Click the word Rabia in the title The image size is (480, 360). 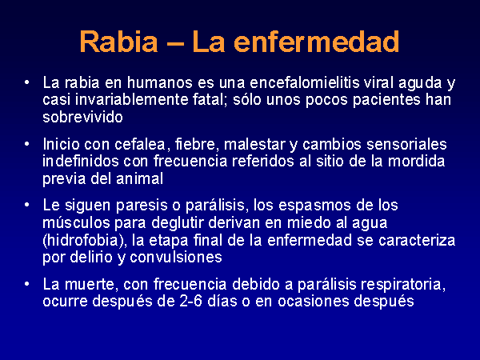pos(118,42)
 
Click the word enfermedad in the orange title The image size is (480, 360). pos(317,42)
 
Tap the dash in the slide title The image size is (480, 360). pos(175,43)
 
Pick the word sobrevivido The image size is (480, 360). pos(82,117)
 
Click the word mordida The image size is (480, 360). pos(416,161)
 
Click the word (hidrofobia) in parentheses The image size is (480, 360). pos(85,240)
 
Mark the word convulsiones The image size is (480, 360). pos(176,257)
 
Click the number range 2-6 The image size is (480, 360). pos(190,302)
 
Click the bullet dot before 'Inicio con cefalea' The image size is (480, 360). pos(27,144)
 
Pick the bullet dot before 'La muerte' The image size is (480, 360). pos(27,284)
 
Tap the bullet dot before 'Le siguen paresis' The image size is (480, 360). pos(27,205)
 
